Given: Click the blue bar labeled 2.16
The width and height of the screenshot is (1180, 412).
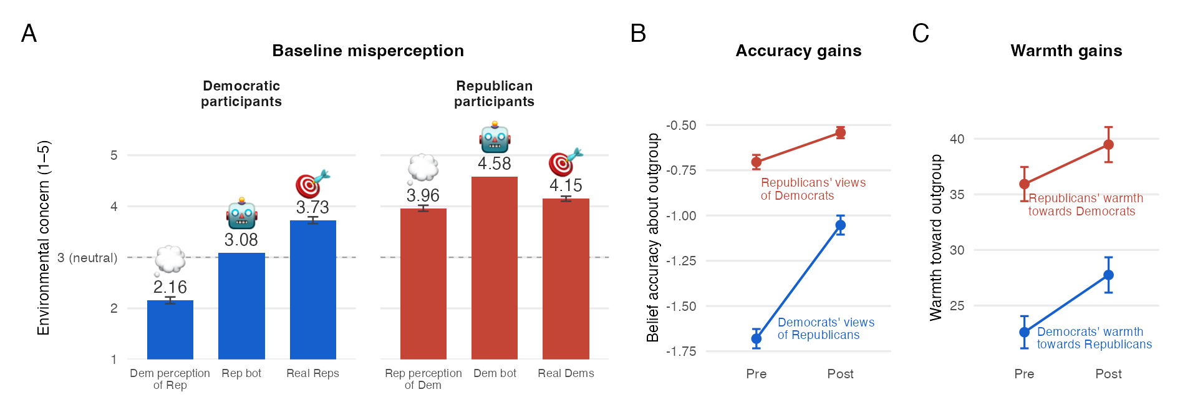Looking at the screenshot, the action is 170,330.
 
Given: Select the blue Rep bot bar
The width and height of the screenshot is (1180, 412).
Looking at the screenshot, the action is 241,306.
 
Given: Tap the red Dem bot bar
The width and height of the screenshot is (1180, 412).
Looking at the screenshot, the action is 495,268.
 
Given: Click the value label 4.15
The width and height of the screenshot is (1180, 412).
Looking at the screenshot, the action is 566,185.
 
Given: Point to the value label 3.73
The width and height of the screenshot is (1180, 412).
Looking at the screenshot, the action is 312,207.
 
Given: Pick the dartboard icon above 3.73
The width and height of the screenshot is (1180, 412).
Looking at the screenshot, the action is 312,184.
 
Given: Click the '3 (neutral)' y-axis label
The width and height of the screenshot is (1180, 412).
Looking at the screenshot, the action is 87,258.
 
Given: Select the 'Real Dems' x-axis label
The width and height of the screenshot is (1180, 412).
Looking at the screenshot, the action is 566,373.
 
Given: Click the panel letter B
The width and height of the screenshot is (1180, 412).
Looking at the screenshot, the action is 638,33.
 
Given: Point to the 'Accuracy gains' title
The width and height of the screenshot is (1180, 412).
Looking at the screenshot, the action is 798,51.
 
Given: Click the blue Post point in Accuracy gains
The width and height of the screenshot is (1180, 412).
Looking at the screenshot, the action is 841,225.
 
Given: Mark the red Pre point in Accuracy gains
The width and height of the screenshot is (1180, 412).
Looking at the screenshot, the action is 757,162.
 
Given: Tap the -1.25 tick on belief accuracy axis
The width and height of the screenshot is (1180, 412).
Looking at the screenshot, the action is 681,261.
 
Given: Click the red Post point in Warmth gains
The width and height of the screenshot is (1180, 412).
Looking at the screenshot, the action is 1108,145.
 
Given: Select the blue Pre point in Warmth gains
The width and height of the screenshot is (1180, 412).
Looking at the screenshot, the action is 1024,332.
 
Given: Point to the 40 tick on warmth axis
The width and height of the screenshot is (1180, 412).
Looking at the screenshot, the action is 957,139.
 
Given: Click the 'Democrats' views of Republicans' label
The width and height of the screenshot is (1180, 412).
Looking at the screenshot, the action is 826,328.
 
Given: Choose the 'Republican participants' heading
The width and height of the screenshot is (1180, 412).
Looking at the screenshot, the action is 494,94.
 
